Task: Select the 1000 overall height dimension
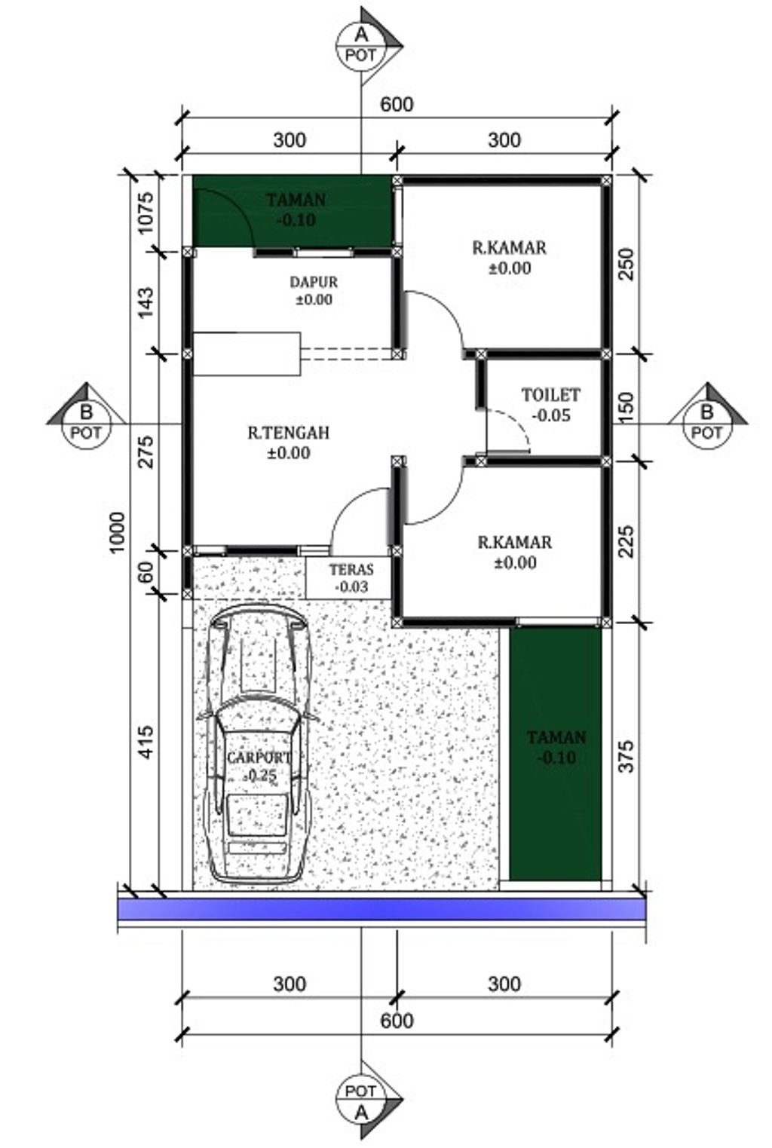[x=118, y=532]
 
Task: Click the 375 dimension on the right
[x=626, y=757]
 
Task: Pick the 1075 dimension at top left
[x=145, y=212]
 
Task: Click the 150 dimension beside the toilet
[x=626, y=406]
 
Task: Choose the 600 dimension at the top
[x=397, y=105]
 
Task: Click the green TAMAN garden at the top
[x=296, y=210]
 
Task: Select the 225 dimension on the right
[x=626, y=542]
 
